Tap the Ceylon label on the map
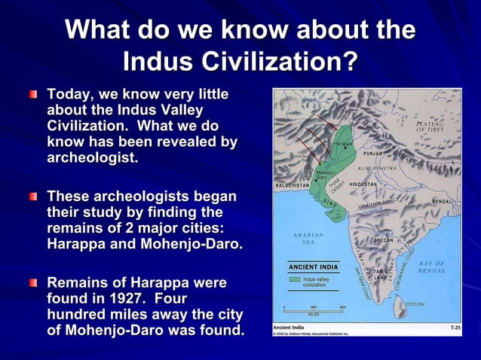point(415,304)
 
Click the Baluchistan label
point(292,184)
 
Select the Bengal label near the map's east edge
point(446,202)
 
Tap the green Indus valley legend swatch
point(296,279)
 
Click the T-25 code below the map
point(455,328)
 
